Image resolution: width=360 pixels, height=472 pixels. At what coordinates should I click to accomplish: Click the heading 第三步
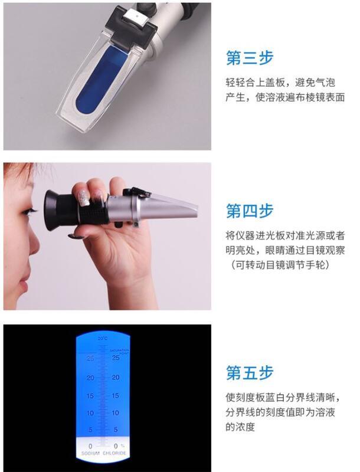click(250, 58)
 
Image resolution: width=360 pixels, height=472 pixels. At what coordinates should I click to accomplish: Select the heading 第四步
click(250, 211)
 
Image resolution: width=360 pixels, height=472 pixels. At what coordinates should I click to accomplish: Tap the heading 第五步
click(250, 373)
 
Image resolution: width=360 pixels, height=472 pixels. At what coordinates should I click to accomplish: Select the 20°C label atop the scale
click(103, 338)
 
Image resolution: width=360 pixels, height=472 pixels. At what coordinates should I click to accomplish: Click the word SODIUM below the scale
click(90, 454)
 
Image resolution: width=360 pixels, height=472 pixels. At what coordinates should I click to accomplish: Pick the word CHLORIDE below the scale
click(114, 454)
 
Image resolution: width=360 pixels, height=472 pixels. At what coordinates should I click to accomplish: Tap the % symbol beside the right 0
click(122, 446)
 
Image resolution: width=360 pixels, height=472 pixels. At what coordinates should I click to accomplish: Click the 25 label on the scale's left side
click(90, 358)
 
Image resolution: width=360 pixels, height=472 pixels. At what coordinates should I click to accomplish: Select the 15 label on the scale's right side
click(116, 395)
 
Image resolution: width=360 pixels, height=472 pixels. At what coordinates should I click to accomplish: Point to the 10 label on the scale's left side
click(90, 413)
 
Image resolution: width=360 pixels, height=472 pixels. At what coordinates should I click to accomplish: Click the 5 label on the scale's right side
click(116, 430)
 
